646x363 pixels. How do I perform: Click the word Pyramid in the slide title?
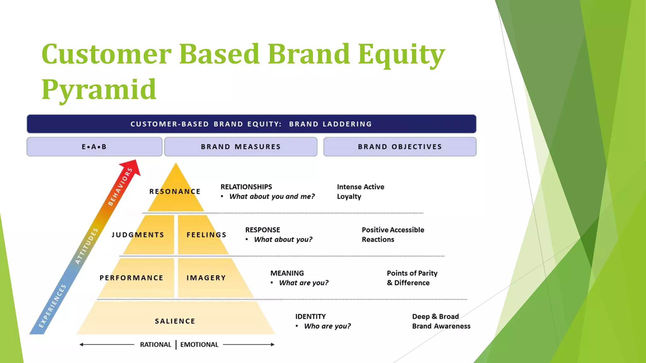tap(99, 90)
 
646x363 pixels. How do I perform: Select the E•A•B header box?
tap(94, 147)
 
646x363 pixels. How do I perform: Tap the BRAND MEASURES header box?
tap(241, 147)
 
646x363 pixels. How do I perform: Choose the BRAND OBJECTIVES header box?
tap(400, 147)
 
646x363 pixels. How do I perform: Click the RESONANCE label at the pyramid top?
tap(175, 192)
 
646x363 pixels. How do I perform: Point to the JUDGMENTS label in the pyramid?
tap(138, 235)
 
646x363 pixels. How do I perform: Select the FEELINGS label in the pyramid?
tap(206, 235)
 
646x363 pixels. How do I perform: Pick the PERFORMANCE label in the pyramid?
tap(131, 278)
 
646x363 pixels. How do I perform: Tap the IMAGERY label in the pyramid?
tap(206, 278)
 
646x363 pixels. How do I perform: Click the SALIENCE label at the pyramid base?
tap(175, 321)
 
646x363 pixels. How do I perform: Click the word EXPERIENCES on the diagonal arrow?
tap(52, 306)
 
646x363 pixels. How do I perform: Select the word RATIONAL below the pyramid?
tap(156, 345)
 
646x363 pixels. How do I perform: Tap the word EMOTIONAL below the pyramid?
tap(199, 345)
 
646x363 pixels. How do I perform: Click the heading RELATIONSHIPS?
tap(246, 187)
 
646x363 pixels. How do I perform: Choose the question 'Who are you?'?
tap(327, 326)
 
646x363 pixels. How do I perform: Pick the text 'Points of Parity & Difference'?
tap(412, 278)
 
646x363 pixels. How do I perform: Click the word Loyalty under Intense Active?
tap(349, 197)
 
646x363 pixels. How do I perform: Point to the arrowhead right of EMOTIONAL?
tap(273, 345)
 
